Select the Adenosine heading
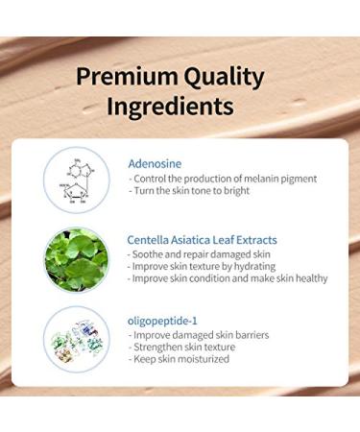tap(154, 163)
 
